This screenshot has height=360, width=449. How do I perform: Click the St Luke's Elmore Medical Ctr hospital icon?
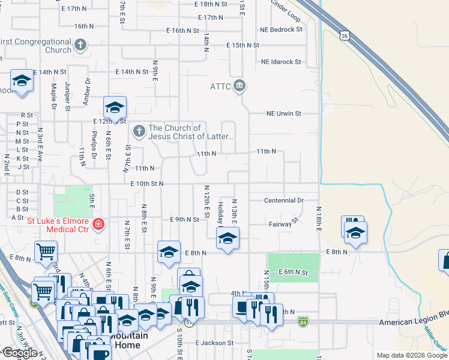[98, 226]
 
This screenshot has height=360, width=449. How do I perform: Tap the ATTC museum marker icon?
[240, 85]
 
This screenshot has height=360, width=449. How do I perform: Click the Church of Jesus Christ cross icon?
[139, 131]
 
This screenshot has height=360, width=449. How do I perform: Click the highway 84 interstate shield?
[303, 323]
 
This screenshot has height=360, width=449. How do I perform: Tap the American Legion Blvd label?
[414, 323]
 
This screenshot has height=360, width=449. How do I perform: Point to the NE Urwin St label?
[284, 113]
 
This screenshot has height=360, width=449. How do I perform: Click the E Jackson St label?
[214, 343]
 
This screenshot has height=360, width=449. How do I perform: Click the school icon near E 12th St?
[114, 107]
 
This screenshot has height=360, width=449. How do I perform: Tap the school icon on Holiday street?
[228, 238]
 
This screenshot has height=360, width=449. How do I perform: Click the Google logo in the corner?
[19, 353]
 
